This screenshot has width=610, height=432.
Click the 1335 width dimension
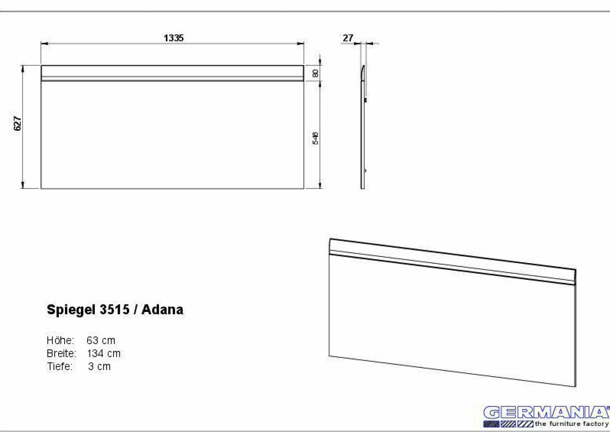pyautogui.click(x=174, y=38)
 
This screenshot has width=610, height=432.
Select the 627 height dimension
pyautogui.click(x=18, y=124)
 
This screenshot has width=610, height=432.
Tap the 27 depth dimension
pyautogui.click(x=348, y=38)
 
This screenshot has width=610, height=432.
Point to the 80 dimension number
pyautogui.click(x=315, y=73)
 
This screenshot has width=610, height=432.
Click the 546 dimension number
pyautogui.click(x=315, y=138)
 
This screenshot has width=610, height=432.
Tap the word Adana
pyautogui.click(x=162, y=309)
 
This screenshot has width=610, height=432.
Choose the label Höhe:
pyautogui.click(x=60, y=340)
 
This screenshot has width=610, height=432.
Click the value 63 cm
pyautogui.click(x=101, y=340)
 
